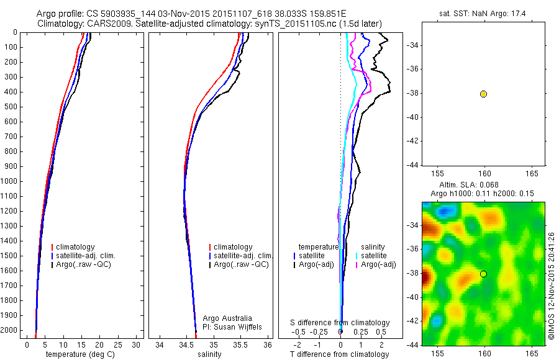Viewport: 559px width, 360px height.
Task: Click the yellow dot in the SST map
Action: (x=483, y=94)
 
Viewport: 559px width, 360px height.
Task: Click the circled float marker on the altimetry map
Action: (x=483, y=274)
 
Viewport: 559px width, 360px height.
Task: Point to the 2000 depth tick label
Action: (x=11, y=315)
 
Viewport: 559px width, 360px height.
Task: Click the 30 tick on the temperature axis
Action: (x=137, y=344)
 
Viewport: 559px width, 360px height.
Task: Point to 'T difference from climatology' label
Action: (x=339, y=354)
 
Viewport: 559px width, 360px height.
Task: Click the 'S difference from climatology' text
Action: (x=340, y=323)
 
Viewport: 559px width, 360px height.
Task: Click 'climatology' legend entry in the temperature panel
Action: (x=77, y=247)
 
